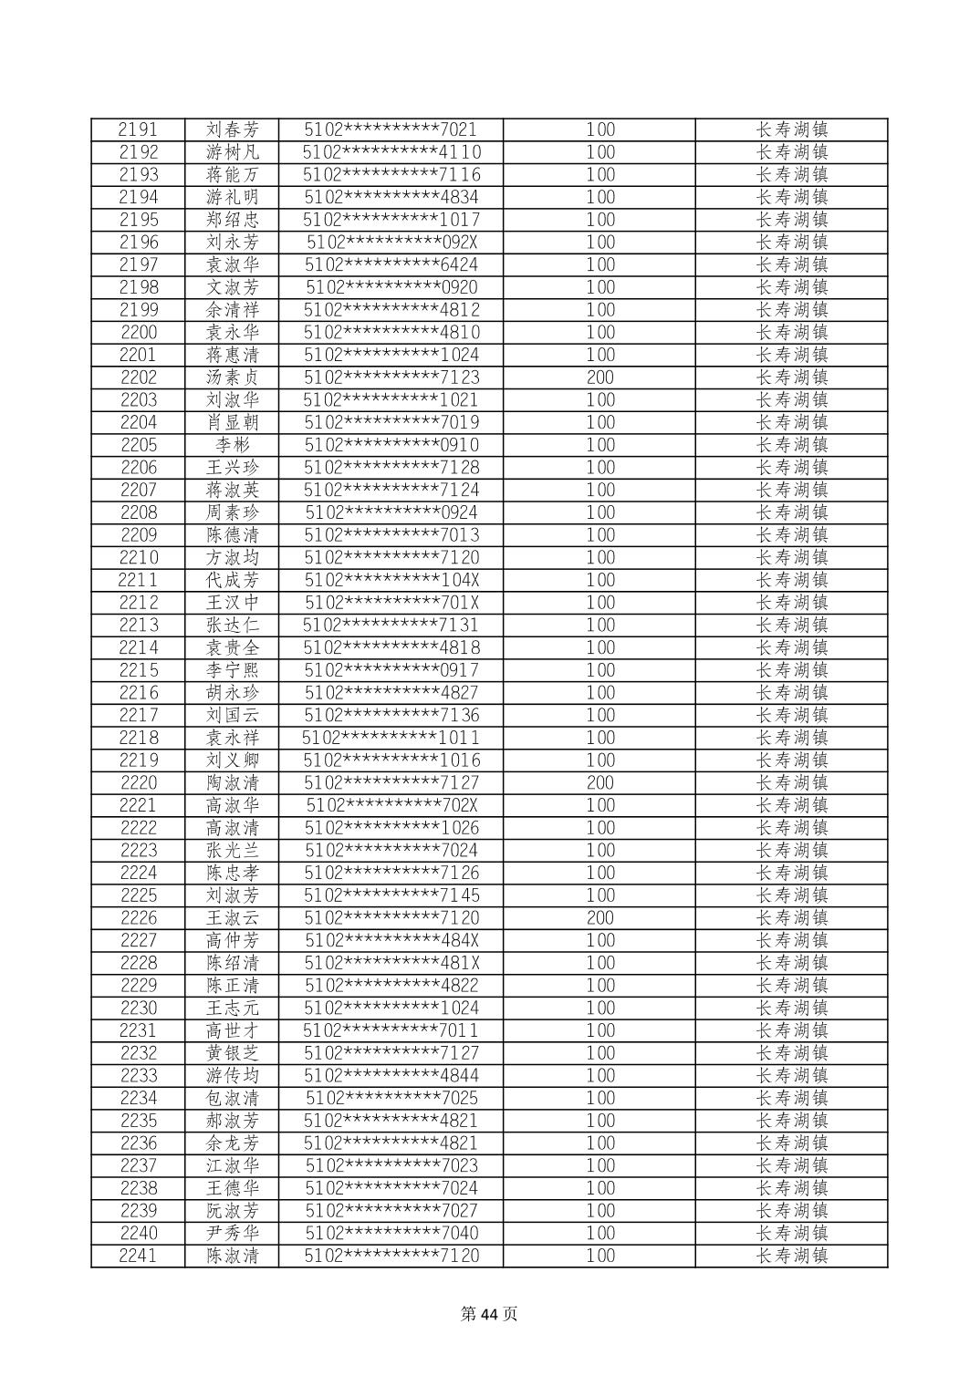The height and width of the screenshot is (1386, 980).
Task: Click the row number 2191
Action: point(138,129)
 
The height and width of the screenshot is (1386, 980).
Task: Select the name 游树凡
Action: point(232,152)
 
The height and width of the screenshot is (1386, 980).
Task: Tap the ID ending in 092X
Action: point(391,243)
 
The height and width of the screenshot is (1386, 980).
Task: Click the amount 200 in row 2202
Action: point(599,378)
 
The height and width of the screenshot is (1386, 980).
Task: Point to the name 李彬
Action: point(232,445)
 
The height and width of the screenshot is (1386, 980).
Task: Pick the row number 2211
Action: point(138,580)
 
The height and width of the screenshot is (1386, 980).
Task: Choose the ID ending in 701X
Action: point(391,603)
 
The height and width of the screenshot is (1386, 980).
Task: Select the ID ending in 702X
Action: point(391,805)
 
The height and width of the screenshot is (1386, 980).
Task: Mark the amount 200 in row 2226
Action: point(599,918)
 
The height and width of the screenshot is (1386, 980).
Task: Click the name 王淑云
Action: point(232,918)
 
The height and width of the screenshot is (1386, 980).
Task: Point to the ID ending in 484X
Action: point(391,940)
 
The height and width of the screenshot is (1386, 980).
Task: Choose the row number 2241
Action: point(138,1256)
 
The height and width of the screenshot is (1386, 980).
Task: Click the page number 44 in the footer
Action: point(490,1314)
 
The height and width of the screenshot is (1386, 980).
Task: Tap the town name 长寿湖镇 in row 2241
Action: point(791,1256)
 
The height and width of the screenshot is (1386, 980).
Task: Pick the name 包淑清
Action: point(232,1098)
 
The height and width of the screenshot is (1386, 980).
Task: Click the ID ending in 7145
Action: point(391,895)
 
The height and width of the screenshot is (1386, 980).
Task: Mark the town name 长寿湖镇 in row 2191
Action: point(791,129)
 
